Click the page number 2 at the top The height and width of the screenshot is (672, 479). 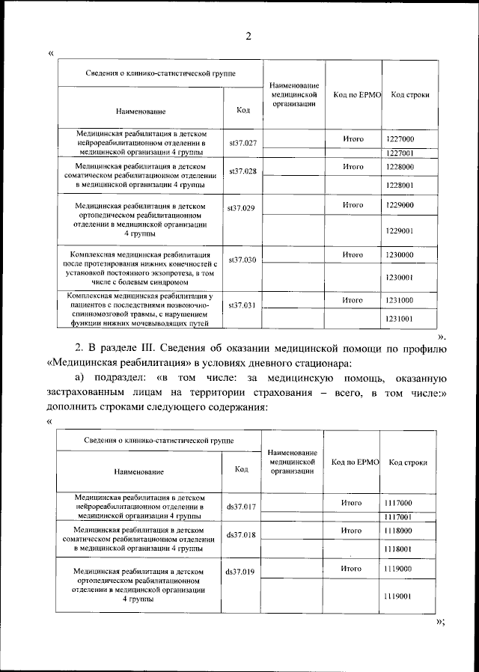(248, 37)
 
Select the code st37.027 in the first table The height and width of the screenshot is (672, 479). (242, 142)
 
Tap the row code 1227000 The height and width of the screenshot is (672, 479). (400, 139)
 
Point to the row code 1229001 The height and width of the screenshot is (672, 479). (400, 231)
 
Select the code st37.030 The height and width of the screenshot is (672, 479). (242, 260)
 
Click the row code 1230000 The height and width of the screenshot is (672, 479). (400, 255)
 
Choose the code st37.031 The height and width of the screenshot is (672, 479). (242, 305)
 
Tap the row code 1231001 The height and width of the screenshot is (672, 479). (400, 319)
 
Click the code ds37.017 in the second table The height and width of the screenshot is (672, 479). (241, 507)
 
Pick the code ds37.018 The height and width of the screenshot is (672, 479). (241, 535)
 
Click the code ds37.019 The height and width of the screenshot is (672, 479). (241, 572)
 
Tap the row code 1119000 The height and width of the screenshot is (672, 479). (397, 569)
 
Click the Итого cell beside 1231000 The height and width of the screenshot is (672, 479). (353, 300)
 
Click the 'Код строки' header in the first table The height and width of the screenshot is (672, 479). (410, 96)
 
